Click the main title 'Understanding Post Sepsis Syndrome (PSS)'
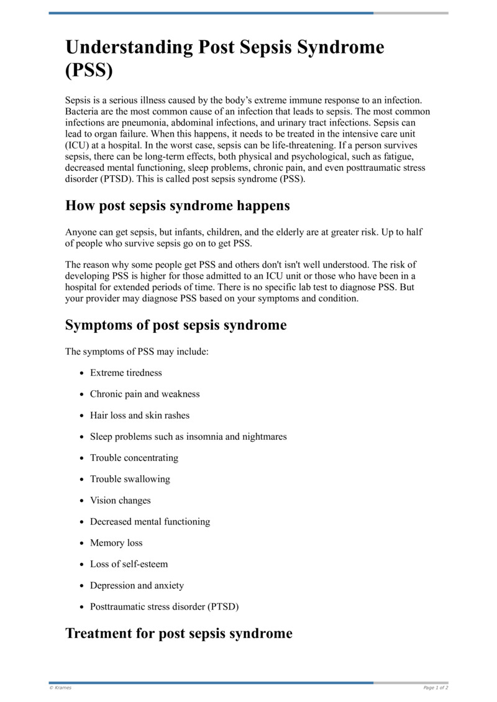(224, 59)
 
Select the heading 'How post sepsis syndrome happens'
(177, 206)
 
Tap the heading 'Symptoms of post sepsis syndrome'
(176, 325)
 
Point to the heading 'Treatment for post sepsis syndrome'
(178, 634)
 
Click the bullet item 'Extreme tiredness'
(126, 373)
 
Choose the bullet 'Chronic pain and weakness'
(145, 394)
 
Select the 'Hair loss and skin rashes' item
(140, 415)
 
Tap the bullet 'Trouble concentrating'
(134, 458)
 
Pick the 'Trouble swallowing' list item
(130, 479)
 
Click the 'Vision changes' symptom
(121, 500)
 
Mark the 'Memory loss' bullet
(116, 543)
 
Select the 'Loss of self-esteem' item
(129, 564)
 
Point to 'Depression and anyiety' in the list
(137, 585)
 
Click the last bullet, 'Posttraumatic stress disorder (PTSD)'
(164, 606)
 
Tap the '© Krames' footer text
(59, 688)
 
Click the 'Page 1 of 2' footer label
(435, 688)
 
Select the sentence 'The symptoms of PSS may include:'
(137, 352)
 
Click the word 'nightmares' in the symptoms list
(264, 437)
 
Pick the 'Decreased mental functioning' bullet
(150, 522)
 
